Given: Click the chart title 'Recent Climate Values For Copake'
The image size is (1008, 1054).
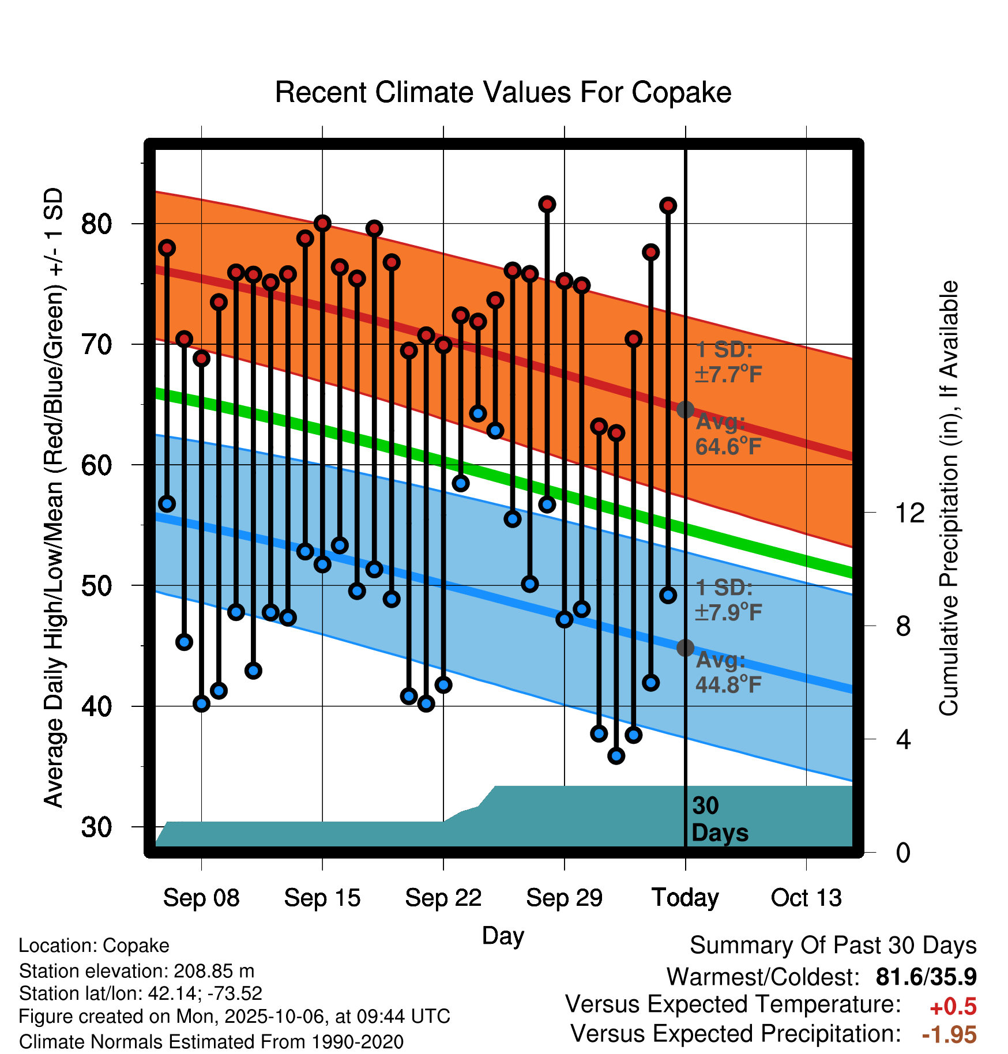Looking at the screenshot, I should (503, 92).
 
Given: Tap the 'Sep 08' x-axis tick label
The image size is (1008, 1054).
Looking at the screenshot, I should (201, 898).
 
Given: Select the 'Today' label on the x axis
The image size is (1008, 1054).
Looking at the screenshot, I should (685, 898).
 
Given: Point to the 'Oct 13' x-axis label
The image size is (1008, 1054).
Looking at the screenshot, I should (806, 898).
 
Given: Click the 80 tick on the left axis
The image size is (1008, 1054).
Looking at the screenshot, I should (96, 224).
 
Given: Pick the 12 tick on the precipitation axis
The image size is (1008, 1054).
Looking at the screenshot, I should (910, 513).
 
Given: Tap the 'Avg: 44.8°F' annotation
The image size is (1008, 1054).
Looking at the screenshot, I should (728, 672).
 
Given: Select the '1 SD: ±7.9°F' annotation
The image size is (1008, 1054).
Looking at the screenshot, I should (728, 600).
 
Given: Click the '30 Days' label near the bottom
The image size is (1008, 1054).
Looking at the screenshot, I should (719, 819).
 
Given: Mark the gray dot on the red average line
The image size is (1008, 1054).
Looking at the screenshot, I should (685, 409).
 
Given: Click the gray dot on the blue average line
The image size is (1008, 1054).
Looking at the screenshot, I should (685, 648).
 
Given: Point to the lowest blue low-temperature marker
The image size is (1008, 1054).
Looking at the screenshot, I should (616, 755).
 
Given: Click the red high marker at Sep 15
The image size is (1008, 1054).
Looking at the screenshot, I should (322, 223).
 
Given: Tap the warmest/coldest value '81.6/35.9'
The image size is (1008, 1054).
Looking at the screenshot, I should (926, 977).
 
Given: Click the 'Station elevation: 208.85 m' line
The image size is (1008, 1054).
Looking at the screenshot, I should (136, 971).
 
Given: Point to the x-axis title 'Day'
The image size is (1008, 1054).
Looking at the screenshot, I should (503, 935).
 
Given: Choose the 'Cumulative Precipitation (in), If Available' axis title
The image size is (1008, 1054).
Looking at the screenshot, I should (949, 499).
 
